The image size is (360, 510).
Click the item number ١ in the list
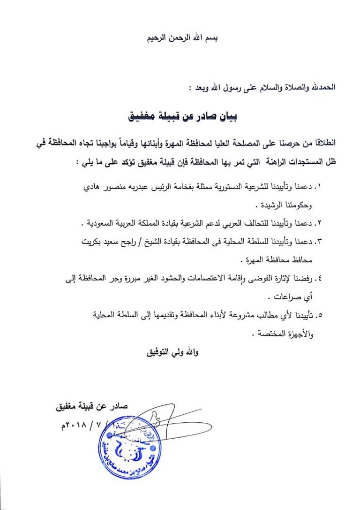click(x=320, y=187)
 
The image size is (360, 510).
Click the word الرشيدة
click(x=272, y=206)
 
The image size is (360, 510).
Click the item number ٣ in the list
click(x=320, y=241)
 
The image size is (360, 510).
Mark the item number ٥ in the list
click(x=320, y=315)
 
